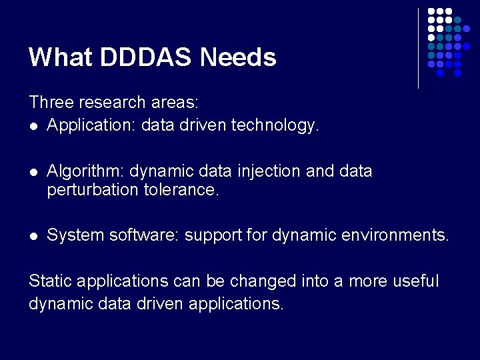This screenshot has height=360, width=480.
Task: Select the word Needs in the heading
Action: click(238, 57)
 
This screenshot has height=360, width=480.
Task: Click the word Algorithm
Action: click(85, 171)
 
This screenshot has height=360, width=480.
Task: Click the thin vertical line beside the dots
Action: click(418, 48)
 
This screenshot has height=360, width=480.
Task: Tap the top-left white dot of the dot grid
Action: click(431, 12)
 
